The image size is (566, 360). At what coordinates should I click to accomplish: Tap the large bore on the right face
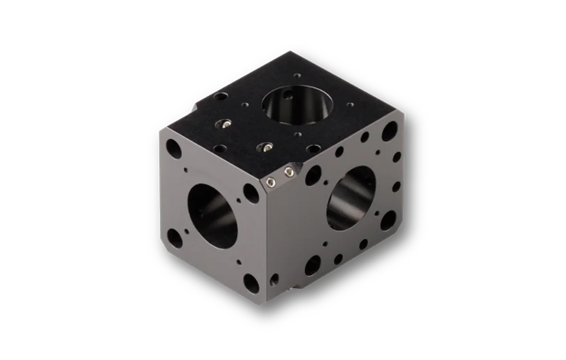click(351, 197)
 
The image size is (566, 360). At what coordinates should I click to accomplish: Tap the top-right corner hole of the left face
click(248, 191)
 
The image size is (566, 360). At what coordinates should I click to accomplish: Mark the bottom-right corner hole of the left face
click(250, 281)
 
